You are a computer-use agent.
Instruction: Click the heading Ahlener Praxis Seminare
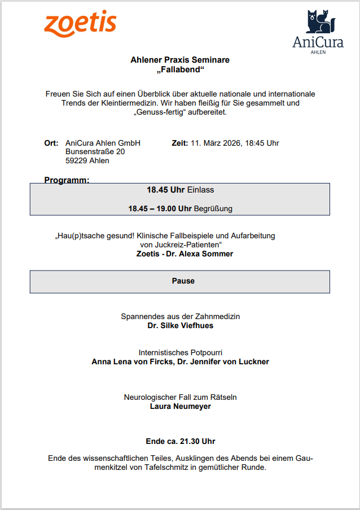coord(180,60)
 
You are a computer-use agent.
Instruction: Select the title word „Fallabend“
coord(180,70)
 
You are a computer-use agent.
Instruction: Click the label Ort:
coord(51,143)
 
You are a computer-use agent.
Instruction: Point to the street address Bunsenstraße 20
coord(95,152)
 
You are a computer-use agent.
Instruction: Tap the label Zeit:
coord(179,143)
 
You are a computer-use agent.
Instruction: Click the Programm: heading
coord(67,180)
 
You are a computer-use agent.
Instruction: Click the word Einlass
coord(200,190)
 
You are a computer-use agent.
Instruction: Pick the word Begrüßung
coord(213,208)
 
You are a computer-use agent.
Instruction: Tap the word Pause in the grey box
coord(183,281)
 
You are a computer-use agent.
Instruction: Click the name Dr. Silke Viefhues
coord(180,326)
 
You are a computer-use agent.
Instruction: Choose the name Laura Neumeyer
coord(180,406)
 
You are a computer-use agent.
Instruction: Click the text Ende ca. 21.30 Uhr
coord(180,441)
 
